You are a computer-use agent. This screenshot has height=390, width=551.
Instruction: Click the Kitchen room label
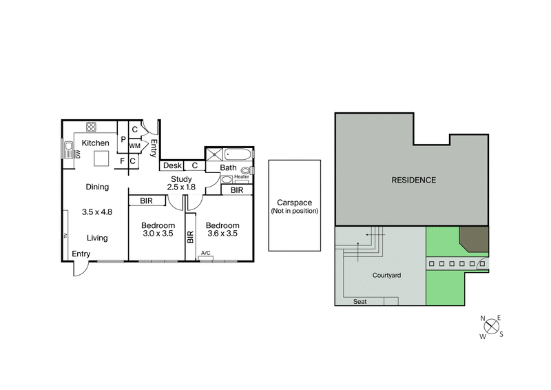(x=96, y=143)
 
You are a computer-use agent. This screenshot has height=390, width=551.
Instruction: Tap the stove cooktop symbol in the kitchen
(x=91, y=127)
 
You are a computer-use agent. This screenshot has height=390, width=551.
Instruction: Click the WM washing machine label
(x=135, y=146)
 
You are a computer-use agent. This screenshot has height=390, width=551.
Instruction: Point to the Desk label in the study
(x=172, y=165)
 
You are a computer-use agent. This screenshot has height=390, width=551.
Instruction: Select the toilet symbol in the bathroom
(x=245, y=169)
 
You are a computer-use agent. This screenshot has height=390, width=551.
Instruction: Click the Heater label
(x=241, y=177)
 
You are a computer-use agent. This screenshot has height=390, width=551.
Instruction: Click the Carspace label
(x=294, y=203)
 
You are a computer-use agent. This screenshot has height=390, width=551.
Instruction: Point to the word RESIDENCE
(x=413, y=181)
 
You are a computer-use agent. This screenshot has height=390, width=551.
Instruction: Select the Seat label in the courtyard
(x=360, y=302)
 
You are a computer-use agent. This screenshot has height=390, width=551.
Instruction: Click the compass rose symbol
(x=492, y=326)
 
